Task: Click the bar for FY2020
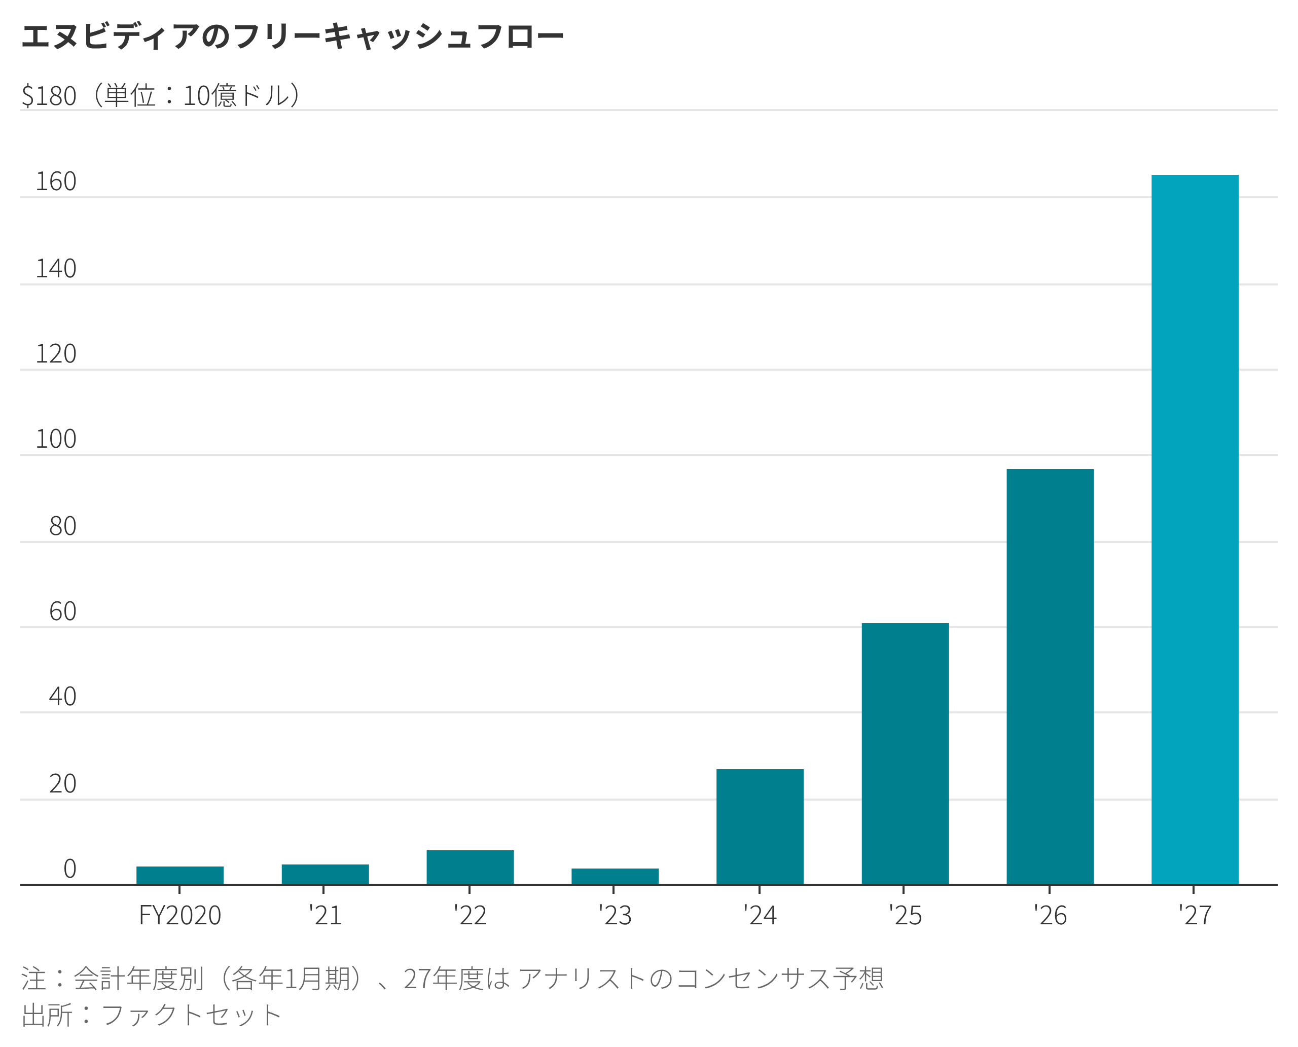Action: click(179, 875)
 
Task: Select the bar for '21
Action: click(325, 874)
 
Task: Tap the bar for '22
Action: click(470, 868)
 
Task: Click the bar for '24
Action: click(760, 826)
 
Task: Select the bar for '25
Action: click(905, 753)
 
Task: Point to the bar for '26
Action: click(1050, 676)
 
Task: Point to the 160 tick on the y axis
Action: click(55, 182)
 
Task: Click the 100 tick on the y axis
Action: click(55, 439)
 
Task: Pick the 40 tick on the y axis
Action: click(62, 697)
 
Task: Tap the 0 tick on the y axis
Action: click(69, 869)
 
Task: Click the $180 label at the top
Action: click(49, 96)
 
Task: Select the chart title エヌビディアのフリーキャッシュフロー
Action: click(293, 36)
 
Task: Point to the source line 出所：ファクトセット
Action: click(151, 1015)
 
